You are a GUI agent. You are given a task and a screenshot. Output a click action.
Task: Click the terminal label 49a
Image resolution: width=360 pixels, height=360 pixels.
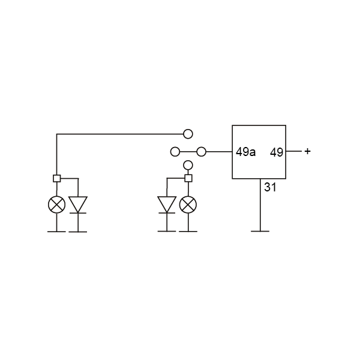[245, 152]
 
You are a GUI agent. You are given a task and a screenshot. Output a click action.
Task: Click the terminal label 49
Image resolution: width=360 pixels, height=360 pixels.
[277, 152]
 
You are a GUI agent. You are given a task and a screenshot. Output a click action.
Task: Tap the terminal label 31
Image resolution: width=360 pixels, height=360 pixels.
[270, 187]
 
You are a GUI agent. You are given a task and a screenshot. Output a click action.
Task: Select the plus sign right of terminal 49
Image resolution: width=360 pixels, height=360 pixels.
[307, 151]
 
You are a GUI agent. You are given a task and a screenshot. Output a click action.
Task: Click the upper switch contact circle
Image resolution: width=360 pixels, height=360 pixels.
[188, 134]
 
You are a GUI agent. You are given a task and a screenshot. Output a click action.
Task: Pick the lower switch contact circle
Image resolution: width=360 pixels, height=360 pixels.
[188, 165]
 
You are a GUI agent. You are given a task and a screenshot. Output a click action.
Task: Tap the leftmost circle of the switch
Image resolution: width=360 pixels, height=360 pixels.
[175, 152]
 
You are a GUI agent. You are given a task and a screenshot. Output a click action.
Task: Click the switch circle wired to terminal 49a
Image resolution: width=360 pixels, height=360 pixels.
[202, 152]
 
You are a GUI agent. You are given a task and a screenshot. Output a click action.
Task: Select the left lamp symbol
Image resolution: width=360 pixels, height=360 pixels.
[57, 205]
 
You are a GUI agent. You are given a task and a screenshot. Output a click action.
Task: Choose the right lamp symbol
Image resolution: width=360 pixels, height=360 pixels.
[188, 205]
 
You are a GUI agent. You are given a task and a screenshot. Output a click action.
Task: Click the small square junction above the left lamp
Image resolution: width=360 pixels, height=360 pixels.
[57, 178]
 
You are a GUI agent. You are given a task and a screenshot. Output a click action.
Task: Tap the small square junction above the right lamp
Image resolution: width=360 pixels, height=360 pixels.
[188, 178]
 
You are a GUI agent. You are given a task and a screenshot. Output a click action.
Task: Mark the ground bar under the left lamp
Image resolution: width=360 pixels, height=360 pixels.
[56, 232]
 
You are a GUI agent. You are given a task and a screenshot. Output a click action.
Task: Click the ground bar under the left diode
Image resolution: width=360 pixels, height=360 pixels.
[78, 232]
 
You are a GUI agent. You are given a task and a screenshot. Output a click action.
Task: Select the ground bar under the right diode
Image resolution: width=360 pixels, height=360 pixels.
[167, 232]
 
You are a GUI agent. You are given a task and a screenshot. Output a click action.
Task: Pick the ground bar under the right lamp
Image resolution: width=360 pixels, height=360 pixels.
[188, 232]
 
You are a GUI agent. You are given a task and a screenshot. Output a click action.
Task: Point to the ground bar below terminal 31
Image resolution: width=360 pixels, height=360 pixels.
[260, 232]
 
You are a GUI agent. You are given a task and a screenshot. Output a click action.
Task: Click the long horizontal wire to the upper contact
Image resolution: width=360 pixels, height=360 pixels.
[120, 134]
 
